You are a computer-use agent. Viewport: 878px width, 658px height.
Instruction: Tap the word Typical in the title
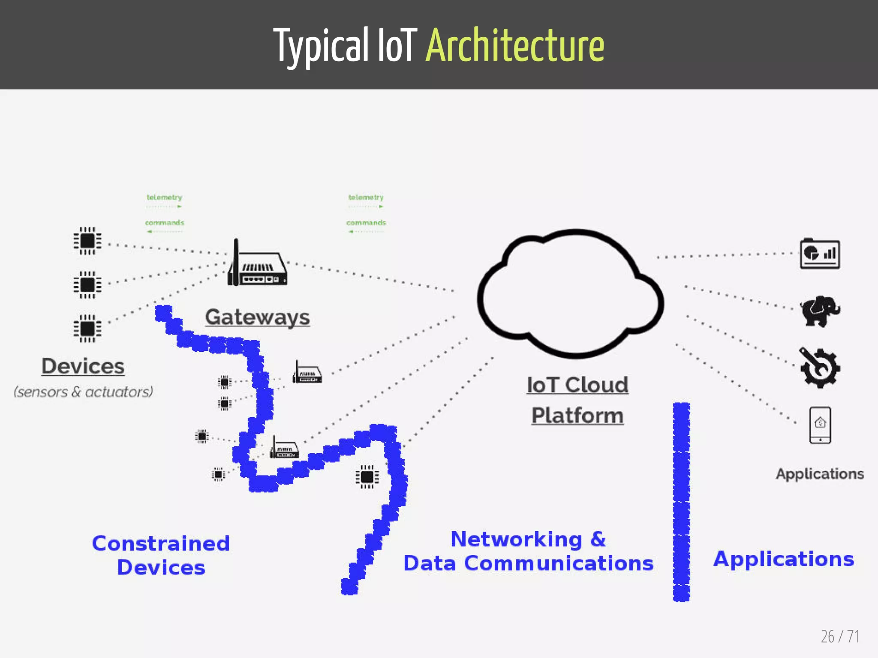(321, 45)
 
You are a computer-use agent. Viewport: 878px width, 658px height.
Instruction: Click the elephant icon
(820, 311)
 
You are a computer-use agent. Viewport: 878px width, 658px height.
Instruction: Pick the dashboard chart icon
(820, 254)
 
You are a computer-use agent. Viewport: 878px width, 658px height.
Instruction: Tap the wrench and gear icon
(820, 368)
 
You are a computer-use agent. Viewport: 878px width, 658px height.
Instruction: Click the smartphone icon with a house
(820, 425)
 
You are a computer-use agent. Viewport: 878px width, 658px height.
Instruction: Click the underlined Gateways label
(257, 317)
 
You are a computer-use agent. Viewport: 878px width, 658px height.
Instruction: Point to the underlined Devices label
(83, 366)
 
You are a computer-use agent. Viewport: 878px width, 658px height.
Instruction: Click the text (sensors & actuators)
(83, 392)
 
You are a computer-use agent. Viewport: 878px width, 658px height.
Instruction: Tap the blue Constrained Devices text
(161, 555)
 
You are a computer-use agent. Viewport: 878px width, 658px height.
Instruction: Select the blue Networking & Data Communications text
(528, 551)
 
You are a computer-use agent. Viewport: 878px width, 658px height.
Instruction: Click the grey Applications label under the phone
(820, 474)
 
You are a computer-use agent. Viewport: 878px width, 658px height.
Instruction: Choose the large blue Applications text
(784, 559)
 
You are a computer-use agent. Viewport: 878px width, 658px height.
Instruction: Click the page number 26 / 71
(840, 637)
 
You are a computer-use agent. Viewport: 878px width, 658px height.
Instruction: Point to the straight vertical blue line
(681, 501)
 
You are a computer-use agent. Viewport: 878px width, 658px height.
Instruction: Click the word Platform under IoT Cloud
(577, 416)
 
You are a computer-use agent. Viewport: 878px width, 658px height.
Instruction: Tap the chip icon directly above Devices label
(87, 329)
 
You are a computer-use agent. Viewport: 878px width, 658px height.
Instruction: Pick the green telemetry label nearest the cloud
(366, 197)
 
